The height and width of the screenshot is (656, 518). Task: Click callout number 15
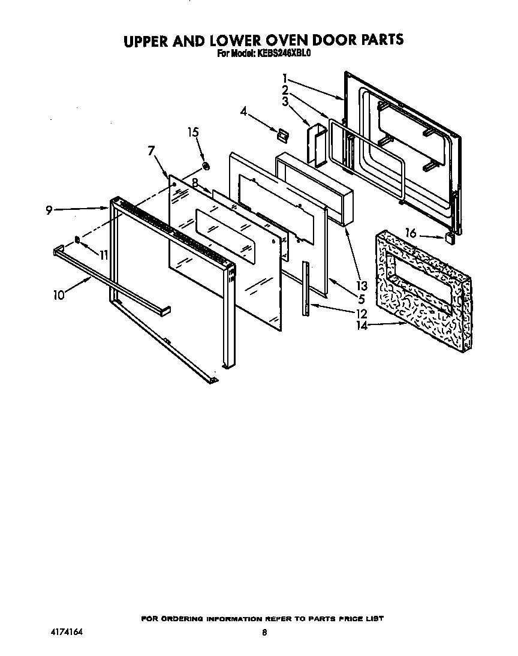click(x=193, y=133)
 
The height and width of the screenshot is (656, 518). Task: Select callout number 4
click(x=244, y=111)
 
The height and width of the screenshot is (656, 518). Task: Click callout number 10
click(x=58, y=295)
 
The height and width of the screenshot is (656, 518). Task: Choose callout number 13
click(x=362, y=285)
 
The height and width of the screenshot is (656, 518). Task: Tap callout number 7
click(x=152, y=151)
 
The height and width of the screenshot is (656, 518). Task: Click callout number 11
click(x=103, y=255)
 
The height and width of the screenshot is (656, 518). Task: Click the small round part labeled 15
click(x=206, y=165)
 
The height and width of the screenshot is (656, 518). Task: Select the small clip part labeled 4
click(x=280, y=134)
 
